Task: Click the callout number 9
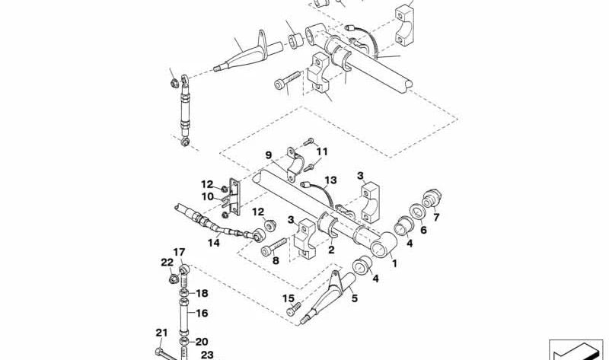point(268,155)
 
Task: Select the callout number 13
point(329,180)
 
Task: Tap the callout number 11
point(322,152)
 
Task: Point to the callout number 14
point(215,243)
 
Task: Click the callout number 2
point(331,249)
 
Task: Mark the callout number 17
point(179,252)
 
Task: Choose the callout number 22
point(167,263)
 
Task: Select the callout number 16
point(202,313)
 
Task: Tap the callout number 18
point(202,293)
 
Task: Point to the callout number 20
point(202,342)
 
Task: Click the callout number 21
point(161,332)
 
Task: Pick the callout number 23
point(207,355)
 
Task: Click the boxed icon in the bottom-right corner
point(575,349)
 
